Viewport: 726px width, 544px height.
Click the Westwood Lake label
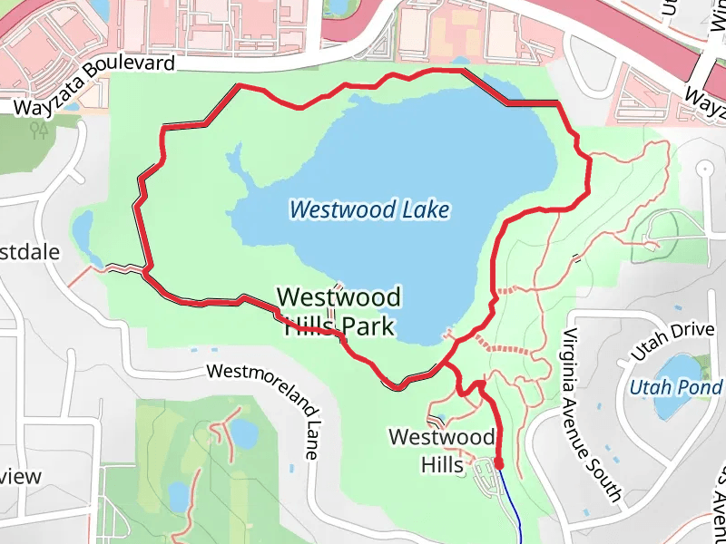point(369,210)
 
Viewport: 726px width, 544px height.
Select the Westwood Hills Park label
point(338,311)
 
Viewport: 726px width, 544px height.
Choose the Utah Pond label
point(676,388)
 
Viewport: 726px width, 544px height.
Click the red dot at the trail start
point(498,464)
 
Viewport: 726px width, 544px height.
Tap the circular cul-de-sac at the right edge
point(705,170)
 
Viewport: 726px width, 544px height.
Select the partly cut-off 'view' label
point(20,476)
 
